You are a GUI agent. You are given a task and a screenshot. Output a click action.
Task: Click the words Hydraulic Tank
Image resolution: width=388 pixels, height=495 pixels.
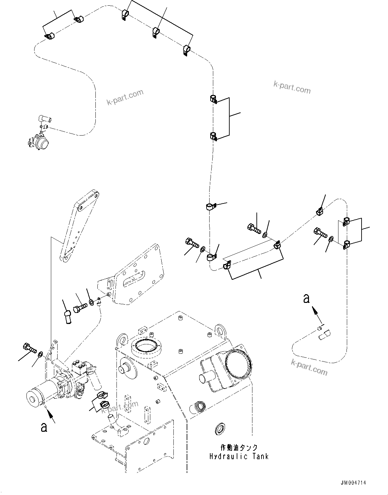[x=239, y=456]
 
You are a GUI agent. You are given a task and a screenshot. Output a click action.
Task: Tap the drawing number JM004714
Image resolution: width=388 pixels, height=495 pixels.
[x=354, y=483]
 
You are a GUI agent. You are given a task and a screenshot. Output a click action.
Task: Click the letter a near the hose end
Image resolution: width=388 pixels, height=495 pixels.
[x=306, y=298]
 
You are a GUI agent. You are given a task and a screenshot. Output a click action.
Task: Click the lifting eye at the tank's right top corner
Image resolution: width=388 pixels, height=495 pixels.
[x=220, y=330]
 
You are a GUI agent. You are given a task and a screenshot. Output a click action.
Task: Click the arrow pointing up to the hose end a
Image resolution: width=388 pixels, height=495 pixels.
[x=314, y=312]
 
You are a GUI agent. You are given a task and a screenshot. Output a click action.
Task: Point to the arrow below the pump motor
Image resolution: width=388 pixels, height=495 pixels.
[x=50, y=415]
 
